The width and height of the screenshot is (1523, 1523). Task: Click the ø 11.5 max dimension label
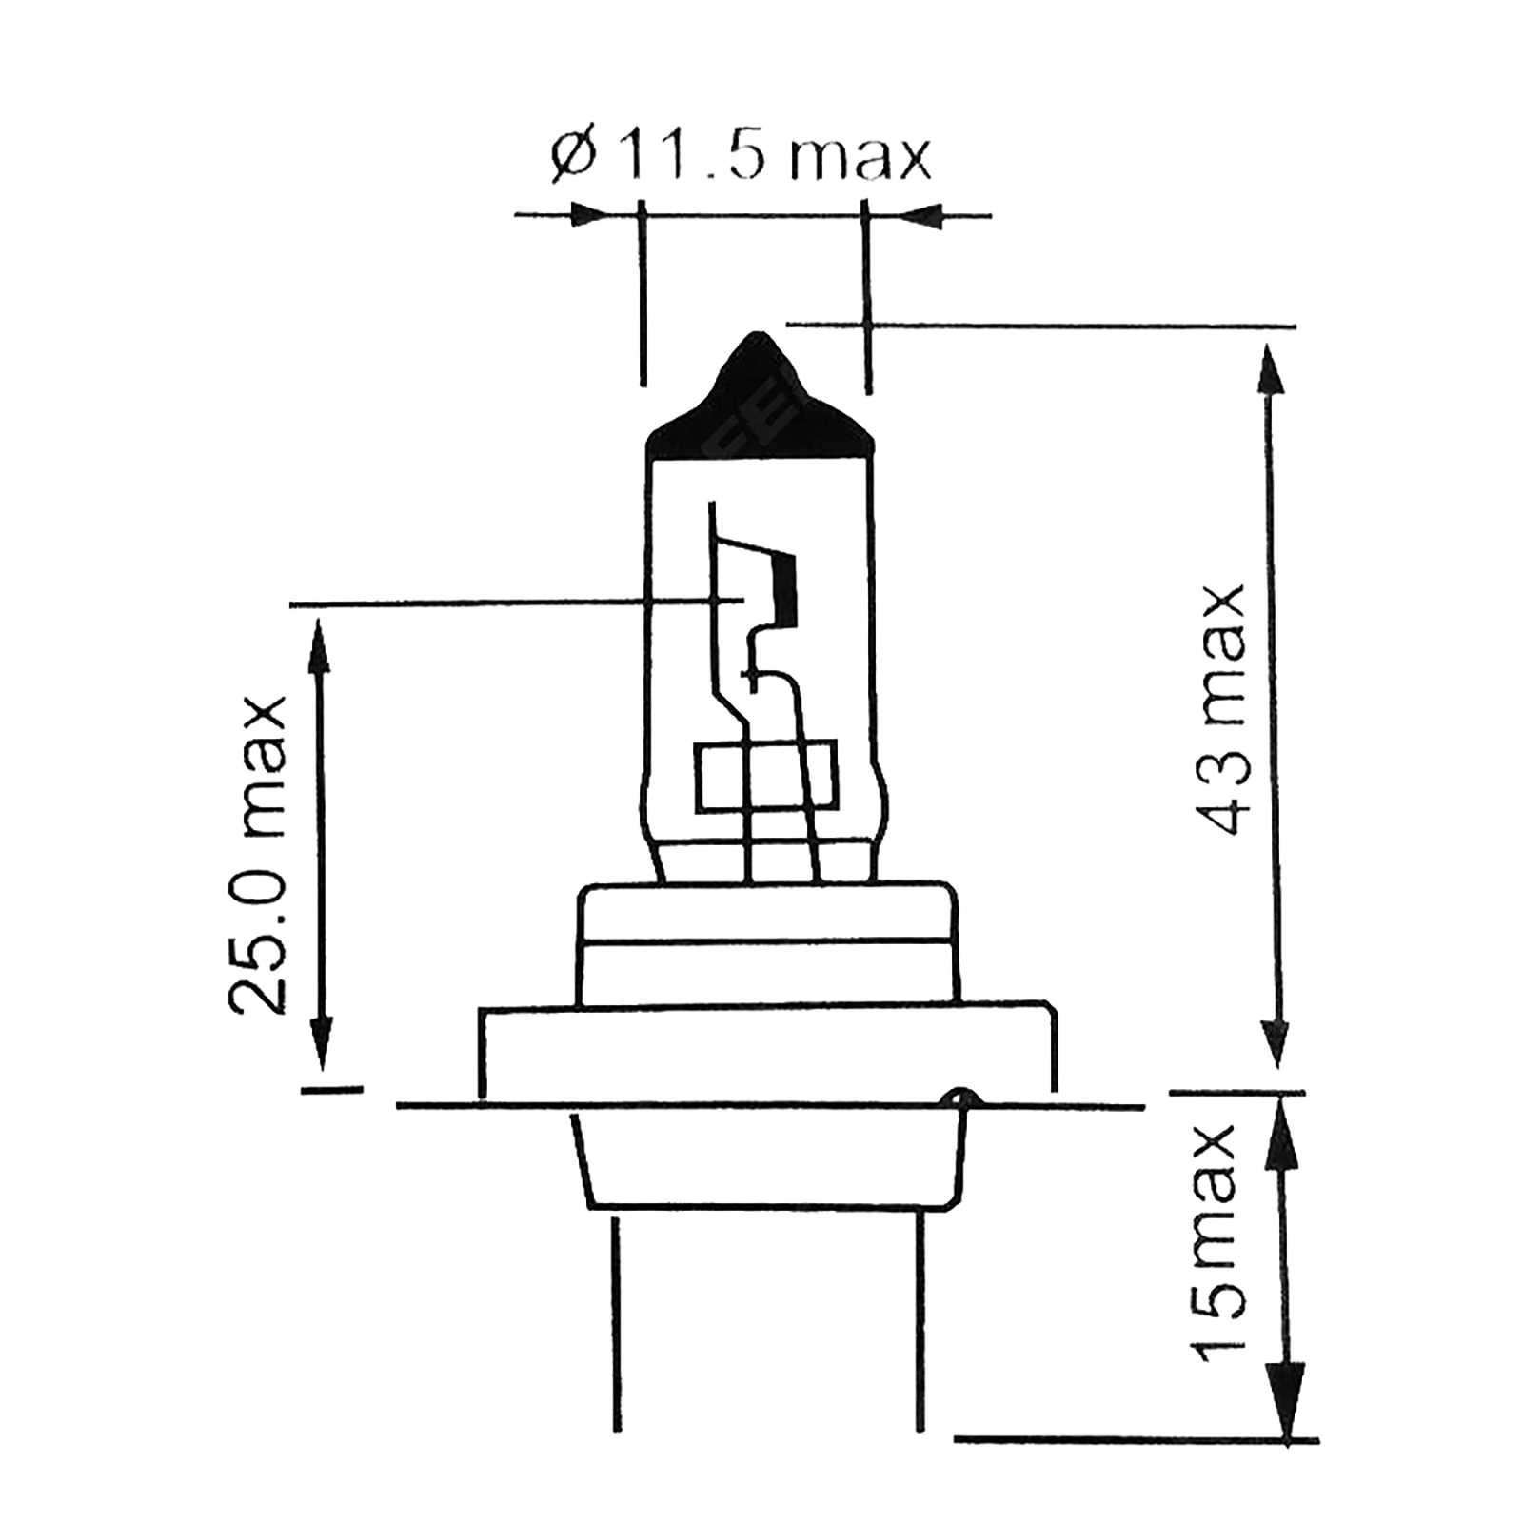(740, 157)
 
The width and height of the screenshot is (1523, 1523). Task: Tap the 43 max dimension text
(1218, 709)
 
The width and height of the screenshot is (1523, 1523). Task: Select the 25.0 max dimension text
(257, 853)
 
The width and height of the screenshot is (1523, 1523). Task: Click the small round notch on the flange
(958, 1098)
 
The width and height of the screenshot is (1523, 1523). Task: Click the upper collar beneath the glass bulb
(767, 942)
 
